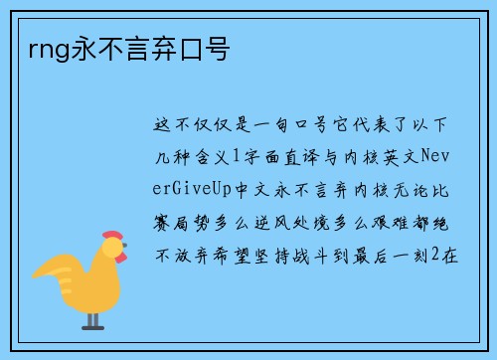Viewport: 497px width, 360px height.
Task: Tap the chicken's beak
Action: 124,257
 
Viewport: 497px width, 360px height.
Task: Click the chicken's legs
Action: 91,317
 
